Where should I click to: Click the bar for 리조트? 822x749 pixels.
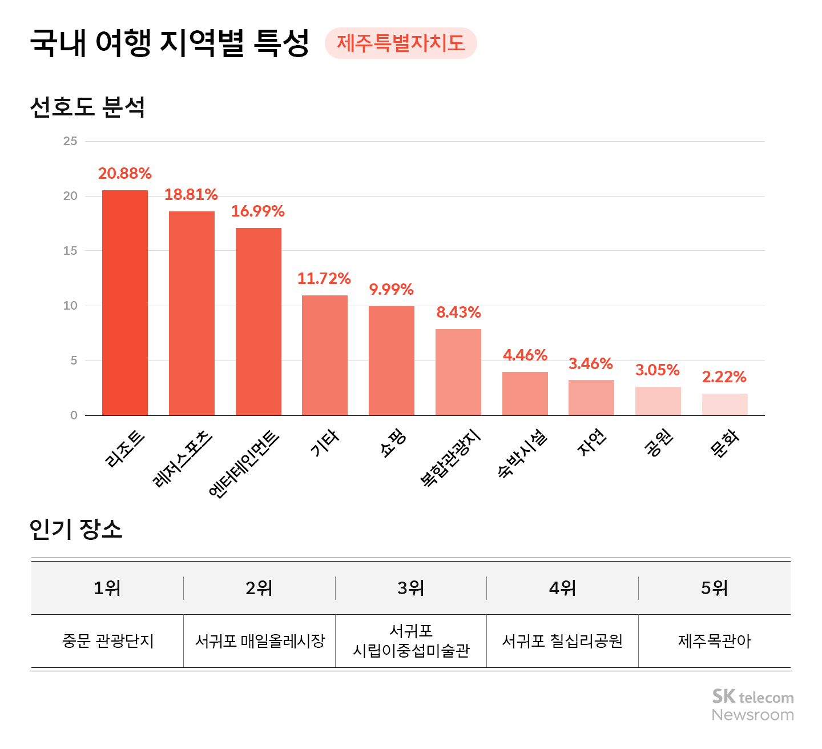[x=125, y=303]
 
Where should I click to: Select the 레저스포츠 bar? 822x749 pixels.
[x=192, y=313]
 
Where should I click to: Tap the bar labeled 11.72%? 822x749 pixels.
[x=325, y=355]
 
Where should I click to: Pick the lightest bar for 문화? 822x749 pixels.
[x=724, y=404]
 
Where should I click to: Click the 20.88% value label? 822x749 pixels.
[x=125, y=173]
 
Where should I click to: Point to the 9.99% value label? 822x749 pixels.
[x=391, y=289]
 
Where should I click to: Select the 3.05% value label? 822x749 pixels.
[x=658, y=370]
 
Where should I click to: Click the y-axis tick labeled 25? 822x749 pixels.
[x=70, y=141]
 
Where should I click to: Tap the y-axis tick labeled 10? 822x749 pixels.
[x=70, y=306]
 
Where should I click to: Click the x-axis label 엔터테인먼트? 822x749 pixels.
[x=244, y=464]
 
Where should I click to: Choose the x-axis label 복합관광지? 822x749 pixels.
[x=450, y=458]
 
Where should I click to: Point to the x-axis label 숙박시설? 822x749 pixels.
[x=522, y=454]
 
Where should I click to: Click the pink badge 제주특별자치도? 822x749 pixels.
[x=401, y=43]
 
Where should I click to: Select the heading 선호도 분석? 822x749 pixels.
[x=87, y=107]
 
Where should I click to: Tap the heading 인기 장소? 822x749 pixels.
[x=76, y=528]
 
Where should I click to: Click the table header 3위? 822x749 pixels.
[x=411, y=588]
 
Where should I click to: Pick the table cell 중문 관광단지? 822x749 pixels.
[x=108, y=641]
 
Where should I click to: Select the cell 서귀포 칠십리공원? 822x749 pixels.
[x=562, y=641]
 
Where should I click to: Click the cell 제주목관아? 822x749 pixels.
[x=714, y=641]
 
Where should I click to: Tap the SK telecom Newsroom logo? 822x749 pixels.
[x=752, y=706]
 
